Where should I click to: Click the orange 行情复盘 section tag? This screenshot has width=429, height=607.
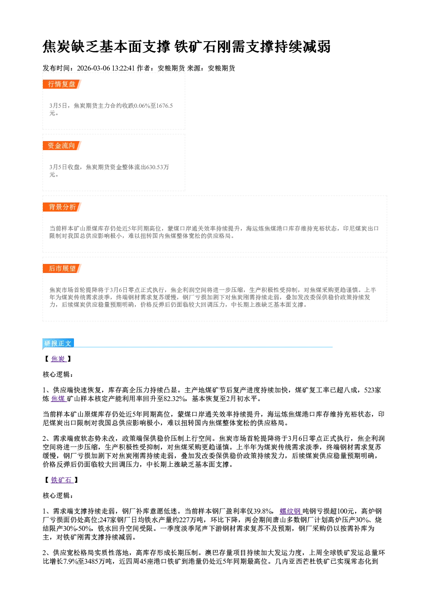pos(62,84)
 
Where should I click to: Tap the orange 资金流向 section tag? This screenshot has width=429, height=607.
pos(62,145)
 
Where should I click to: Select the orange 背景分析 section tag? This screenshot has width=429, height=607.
pos(62,207)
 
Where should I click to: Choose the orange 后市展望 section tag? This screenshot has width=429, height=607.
pos(62,269)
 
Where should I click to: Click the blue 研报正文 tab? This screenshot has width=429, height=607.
pos(58,344)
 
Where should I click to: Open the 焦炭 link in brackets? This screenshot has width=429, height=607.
pos(58,359)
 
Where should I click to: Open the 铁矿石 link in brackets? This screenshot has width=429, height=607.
pos(62,480)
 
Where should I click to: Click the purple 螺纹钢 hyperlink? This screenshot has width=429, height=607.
pos(291,511)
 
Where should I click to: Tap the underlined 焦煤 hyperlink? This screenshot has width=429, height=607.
pos(58,399)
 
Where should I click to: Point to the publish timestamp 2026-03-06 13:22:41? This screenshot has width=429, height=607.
pos(106,68)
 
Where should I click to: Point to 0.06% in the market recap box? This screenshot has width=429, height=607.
pos(142,106)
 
